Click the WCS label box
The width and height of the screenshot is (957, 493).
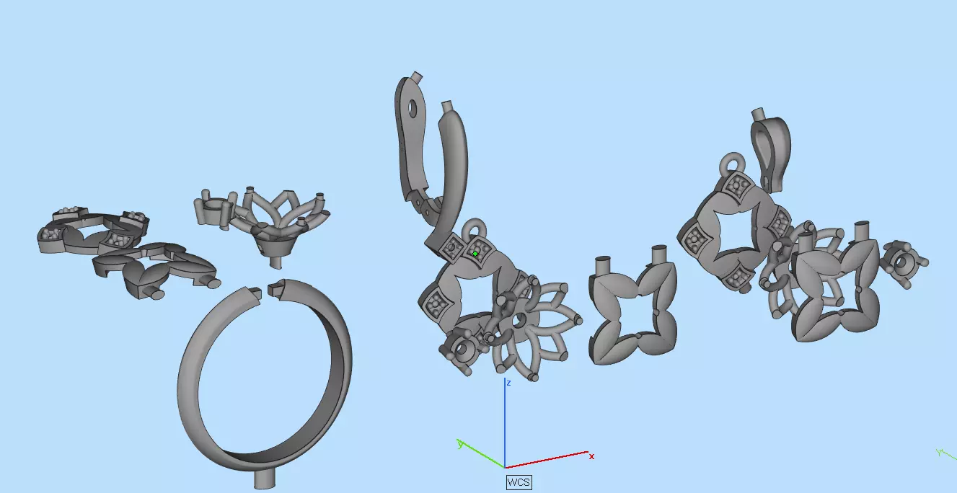(519, 482)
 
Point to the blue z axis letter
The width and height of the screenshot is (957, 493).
(508, 383)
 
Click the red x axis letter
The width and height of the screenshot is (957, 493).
(591, 456)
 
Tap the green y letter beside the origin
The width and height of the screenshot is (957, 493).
(459, 444)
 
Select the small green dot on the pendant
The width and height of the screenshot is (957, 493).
(475, 254)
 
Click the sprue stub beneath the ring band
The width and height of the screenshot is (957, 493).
(265, 480)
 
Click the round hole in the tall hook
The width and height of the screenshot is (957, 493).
(412, 110)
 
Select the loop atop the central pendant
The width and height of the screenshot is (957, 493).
(475, 230)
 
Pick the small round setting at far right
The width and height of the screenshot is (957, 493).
(905, 264)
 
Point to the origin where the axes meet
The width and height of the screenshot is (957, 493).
(504, 468)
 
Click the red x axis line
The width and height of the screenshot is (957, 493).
(548, 460)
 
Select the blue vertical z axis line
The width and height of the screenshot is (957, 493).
(504, 425)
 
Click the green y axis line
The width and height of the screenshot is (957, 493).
(482, 456)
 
